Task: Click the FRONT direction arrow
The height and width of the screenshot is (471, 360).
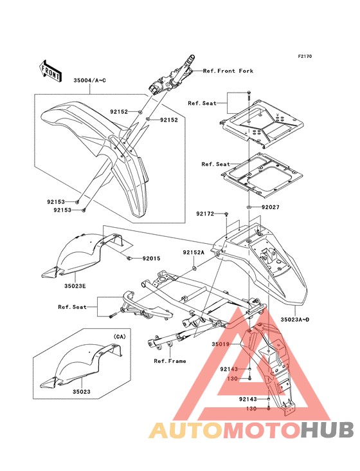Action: coord(50,71)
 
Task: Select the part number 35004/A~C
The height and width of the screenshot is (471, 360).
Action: coord(90,80)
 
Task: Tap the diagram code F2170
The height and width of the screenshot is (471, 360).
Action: coord(305,56)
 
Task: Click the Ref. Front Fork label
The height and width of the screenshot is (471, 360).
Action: coord(228,71)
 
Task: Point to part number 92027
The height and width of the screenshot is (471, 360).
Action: coord(270,207)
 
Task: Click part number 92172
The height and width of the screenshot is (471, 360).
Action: coord(205,214)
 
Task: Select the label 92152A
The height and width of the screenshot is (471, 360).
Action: coord(194,253)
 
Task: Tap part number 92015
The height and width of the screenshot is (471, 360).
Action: coord(151,258)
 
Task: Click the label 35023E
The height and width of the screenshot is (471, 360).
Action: coord(75,286)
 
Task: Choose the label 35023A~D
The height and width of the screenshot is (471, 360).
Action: coord(295,320)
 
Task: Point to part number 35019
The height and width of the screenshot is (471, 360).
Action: coord(221,344)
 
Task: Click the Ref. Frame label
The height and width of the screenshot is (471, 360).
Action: coord(170,361)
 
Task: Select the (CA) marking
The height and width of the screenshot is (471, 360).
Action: coord(120,337)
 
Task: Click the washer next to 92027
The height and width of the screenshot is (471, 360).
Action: coord(249,207)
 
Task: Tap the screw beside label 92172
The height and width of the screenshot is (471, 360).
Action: coord(226,214)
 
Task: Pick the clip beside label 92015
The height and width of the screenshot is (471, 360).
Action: coord(129,258)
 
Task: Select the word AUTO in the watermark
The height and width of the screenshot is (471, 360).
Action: coord(186,430)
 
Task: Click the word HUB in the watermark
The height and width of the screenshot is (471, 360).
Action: coord(328,430)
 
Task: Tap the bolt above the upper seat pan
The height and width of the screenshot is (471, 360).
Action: coord(249,96)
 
